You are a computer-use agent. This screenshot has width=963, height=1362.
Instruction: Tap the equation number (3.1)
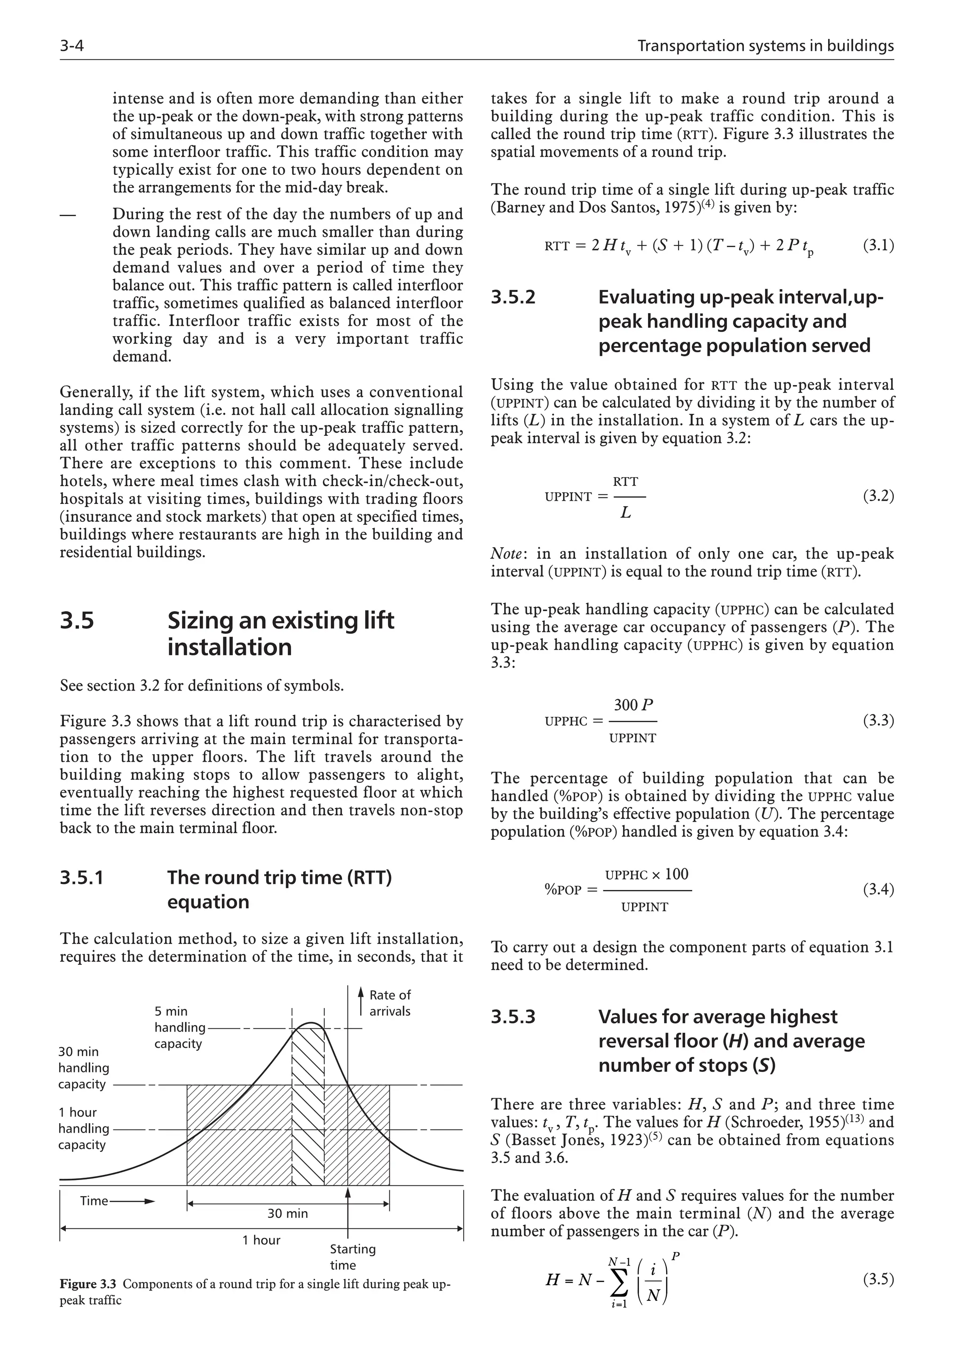877,245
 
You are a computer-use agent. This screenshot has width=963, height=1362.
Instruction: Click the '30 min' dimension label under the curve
287,1213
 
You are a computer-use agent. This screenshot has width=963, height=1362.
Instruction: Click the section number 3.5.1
82,877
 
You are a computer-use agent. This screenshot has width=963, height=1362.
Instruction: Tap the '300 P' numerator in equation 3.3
632,705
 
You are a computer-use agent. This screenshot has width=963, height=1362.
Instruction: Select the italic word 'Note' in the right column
505,553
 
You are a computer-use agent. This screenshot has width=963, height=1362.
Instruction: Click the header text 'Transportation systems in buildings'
765,46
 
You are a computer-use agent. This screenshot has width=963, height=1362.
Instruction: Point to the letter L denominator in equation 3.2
625,512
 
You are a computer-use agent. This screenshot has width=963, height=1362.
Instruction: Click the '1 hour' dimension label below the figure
261,1240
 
